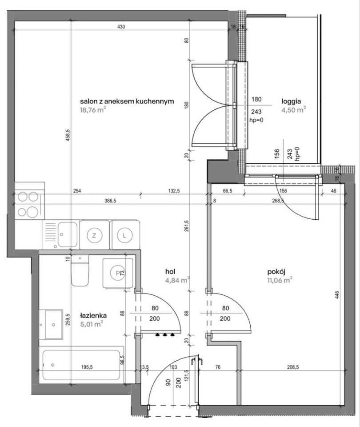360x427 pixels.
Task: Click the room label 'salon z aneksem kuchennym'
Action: [x=127, y=101]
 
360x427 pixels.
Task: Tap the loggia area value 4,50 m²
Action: [x=294, y=110]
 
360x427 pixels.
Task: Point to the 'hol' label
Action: [x=170, y=271]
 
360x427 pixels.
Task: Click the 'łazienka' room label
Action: [x=93, y=316]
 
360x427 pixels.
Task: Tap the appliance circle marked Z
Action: [x=94, y=236]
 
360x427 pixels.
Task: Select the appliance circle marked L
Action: [x=124, y=236]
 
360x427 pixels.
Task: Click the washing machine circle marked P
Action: [x=118, y=273]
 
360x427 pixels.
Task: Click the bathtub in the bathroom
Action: [x=81, y=365]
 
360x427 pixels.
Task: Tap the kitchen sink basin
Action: [x=68, y=235]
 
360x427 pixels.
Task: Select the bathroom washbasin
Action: [x=54, y=324]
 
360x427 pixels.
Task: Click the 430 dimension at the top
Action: [x=121, y=27]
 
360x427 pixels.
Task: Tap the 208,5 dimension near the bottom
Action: [x=293, y=367]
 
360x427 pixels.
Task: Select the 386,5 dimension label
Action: [x=110, y=201]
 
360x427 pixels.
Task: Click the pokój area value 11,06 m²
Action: [x=280, y=280]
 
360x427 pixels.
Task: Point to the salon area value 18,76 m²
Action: [x=93, y=110]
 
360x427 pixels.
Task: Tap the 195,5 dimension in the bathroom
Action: [x=87, y=367]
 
